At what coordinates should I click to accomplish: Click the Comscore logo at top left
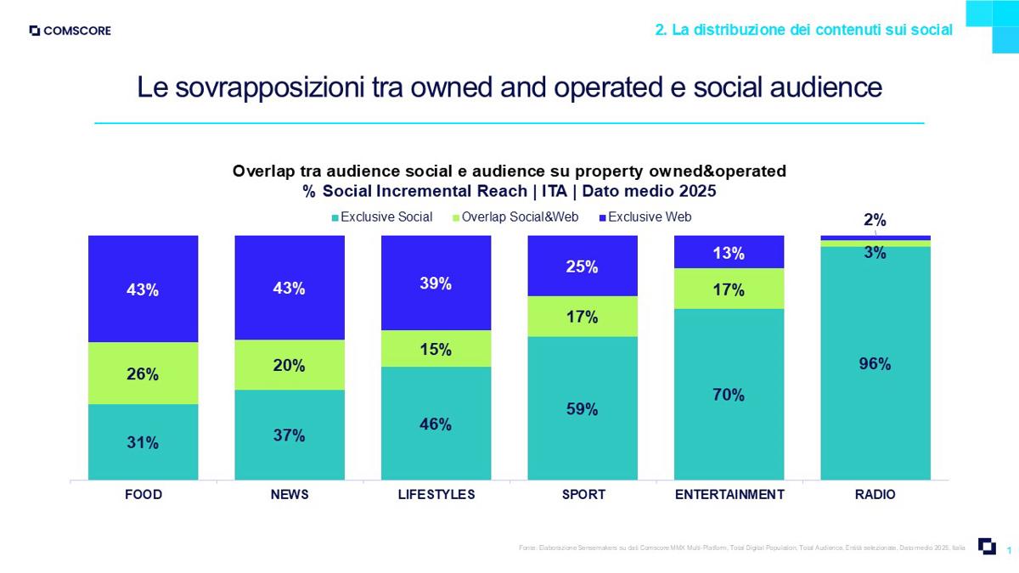point(70,31)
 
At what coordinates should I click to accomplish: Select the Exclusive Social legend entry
point(382,217)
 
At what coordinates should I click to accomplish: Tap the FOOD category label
point(143,494)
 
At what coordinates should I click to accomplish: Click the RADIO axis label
point(875,494)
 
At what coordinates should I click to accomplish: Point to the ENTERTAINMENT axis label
point(729,494)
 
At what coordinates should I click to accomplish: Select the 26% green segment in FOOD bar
point(143,374)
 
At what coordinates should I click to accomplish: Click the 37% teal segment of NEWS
point(289,435)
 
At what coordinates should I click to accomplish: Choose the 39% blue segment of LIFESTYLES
point(436,284)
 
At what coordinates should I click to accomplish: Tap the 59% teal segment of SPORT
point(582,408)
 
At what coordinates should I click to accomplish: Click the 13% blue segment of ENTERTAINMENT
point(729,252)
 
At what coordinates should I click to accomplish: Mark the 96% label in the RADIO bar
point(875,364)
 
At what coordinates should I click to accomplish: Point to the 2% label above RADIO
point(875,221)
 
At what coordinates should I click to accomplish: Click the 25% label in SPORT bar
point(582,267)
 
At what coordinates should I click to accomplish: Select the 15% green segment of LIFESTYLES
point(436,349)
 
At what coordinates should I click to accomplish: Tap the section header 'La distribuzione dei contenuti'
point(802,30)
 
